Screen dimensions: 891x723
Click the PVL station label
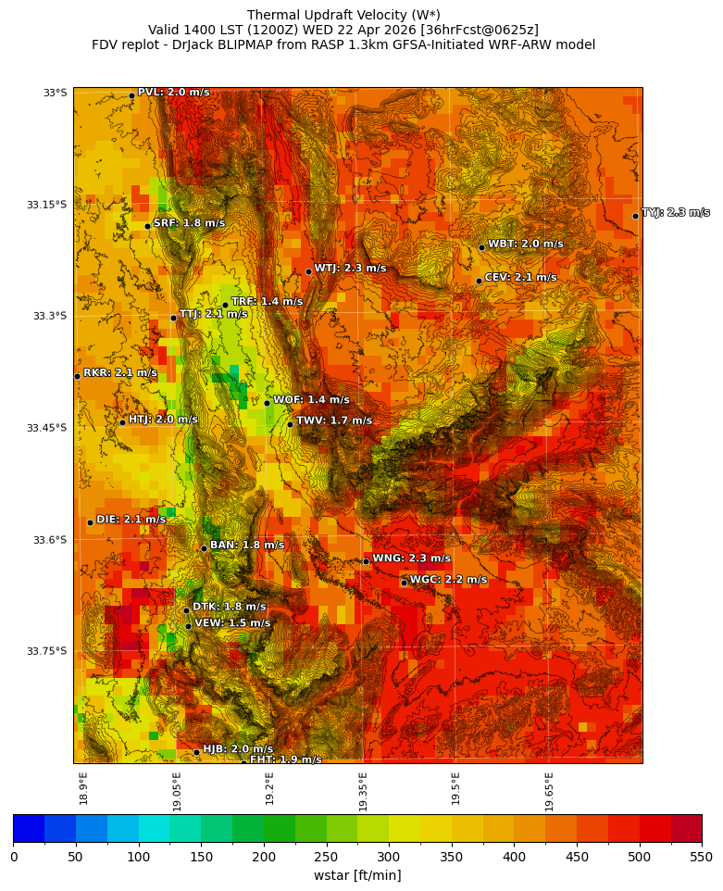173,93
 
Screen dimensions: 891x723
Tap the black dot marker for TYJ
635,216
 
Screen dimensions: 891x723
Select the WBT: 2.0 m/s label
525,245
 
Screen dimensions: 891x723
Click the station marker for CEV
479,281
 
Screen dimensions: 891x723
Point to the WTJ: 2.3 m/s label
350,269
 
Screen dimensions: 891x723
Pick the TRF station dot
225,305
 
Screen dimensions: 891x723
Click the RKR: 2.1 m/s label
119,373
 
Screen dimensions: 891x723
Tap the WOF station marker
267,403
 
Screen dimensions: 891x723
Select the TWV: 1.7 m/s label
333,421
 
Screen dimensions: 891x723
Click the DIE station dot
90,522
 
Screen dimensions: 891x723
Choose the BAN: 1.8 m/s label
247,546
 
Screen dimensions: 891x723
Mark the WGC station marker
404,583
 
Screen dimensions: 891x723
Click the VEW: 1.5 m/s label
232,623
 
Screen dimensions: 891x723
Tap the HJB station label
238,749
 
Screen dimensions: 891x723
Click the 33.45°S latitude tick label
48,428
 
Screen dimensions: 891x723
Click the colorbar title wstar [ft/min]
356,875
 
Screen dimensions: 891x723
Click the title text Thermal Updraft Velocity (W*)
343,15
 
